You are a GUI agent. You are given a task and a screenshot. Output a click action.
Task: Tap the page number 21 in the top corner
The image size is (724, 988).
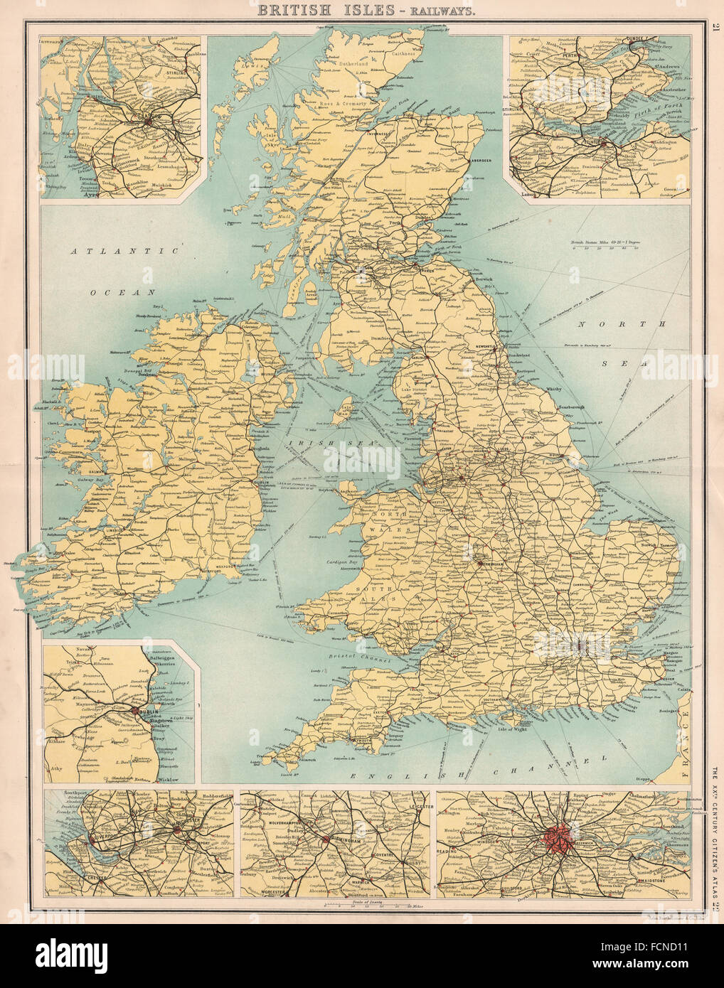pos(714,28)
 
